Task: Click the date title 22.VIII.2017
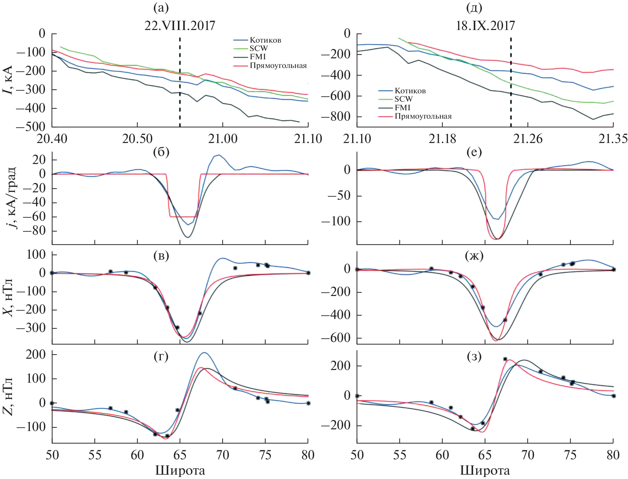(x=180, y=26)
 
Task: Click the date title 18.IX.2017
(x=485, y=26)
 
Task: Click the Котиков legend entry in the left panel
(x=265, y=40)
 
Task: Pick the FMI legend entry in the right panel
(x=402, y=108)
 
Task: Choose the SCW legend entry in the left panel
(x=259, y=49)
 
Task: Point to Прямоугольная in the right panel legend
(x=423, y=116)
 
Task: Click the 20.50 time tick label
(x=137, y=139)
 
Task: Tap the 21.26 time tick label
(x=528, y=139)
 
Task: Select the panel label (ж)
(x=474, y=256)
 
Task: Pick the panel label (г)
(x=161, y=356)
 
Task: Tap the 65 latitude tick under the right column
(x=485, y=455)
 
